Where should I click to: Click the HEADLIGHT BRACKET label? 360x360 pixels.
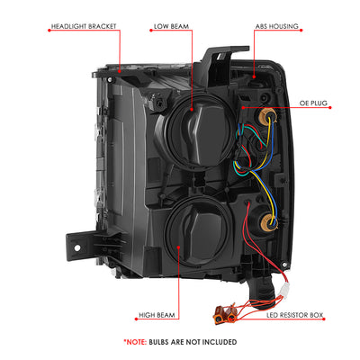point(84,26)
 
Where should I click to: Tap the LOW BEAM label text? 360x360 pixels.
point(171,26)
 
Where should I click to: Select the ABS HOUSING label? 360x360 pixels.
point(277,26)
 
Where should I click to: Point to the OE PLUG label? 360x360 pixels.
point(313,103)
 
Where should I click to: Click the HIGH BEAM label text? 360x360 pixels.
point(157,315)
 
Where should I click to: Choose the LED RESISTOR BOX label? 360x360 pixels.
point(294,315)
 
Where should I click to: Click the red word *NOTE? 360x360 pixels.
point(135,342)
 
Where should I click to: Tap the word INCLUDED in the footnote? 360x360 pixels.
point(220,342)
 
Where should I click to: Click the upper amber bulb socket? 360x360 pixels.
point(265,114)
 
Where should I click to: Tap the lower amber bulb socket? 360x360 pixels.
point(269,220)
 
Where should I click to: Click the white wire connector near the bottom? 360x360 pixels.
point(283,290)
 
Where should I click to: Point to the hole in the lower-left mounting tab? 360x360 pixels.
point(77,248)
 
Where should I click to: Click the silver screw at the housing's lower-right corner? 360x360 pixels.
point(284,265)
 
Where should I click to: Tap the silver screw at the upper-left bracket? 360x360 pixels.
point(110,79)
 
